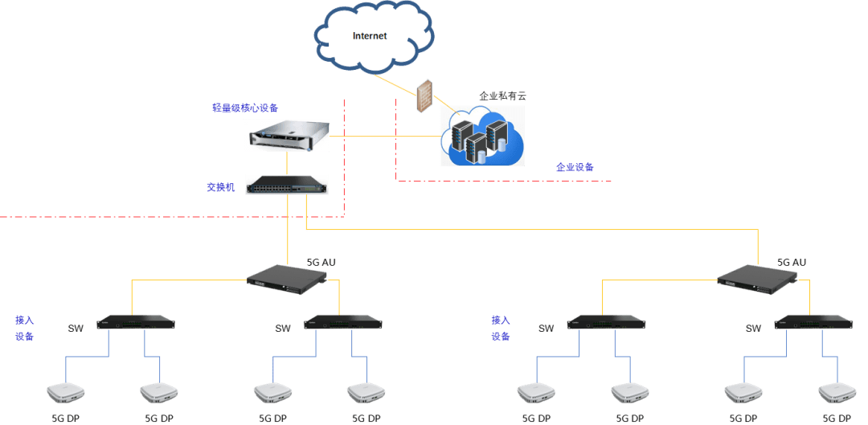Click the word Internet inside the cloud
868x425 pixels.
370,36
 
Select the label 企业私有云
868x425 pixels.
502,96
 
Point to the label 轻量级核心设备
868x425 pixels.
245,108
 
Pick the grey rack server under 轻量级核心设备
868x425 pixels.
287,133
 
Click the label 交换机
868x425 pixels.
220,187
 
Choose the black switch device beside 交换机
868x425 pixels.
287,185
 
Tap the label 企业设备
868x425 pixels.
575,167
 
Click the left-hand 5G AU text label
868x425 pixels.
321,262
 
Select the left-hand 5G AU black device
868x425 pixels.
287,278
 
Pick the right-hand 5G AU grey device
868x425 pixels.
757,278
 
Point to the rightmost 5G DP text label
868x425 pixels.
837,419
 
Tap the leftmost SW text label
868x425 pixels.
76,328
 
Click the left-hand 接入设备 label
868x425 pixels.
25,328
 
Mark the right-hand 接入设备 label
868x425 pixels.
501,328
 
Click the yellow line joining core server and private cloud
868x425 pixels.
386,135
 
